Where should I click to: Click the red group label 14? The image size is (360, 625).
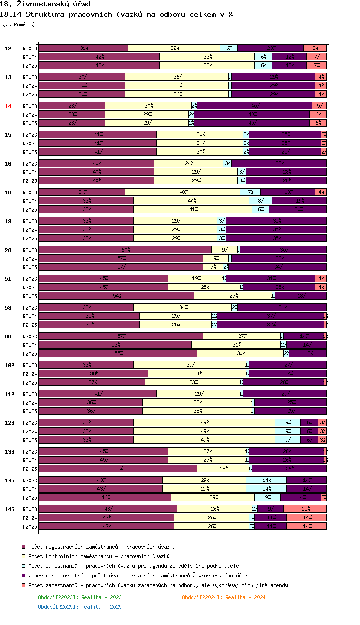click(8, 106)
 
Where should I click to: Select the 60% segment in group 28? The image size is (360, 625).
click(125, 250)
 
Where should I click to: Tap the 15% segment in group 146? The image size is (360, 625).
click(305, 509)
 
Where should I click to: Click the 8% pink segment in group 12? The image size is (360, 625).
click(315, 48)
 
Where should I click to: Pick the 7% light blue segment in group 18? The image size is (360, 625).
click(251, 192)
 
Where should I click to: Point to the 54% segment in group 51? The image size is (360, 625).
click(117, 296)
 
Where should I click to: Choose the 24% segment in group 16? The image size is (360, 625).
click(189, 163)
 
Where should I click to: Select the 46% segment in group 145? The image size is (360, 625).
click(105, 497)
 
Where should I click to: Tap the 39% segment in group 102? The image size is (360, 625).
click(190, 365)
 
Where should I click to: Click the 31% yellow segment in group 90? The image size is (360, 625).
click(236, 345)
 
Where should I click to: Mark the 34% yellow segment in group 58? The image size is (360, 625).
click(183, 307)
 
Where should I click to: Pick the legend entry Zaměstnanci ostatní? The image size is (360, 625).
click(139, 576)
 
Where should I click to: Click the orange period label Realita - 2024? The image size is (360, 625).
click(224, 597)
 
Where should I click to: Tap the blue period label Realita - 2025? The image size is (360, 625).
click(80, 607)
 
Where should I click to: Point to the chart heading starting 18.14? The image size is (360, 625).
click(117, 14)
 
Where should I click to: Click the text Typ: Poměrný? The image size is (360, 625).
click(17, 24)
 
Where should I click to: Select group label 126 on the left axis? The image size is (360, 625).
click(9, 423)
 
